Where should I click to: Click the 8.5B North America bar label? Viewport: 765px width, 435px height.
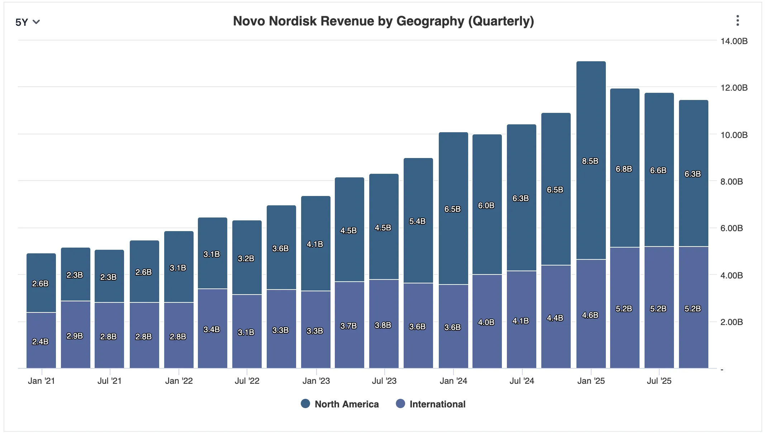tap(590, 161)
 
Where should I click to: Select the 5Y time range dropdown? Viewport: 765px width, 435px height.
tap(27, 22)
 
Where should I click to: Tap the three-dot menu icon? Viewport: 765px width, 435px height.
tap(737, 21)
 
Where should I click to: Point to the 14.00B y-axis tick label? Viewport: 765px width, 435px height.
tap(734, 41)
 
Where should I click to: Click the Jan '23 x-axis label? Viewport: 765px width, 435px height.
tap(316, 381)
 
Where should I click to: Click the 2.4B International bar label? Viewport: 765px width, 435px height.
tap(40, 342)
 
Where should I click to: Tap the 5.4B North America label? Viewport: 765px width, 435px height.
tap(417, 221)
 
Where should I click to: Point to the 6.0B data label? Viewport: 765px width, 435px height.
tap(486, 206)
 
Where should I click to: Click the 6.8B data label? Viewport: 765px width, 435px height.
tap(624, 169)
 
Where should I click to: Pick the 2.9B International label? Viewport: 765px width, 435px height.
tap(75, 336)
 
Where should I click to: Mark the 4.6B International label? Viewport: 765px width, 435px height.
tap(590, 315)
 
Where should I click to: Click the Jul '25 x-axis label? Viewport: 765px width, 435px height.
tap(659, 381)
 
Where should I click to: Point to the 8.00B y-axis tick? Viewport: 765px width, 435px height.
tap(731, 182)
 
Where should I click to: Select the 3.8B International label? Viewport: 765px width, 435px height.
tap(383, 325)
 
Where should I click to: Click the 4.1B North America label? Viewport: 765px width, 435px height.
tap(315, 244)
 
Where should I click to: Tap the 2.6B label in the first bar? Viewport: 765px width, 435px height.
tap(40, 284)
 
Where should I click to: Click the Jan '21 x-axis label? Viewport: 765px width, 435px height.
tap(41, 381)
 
